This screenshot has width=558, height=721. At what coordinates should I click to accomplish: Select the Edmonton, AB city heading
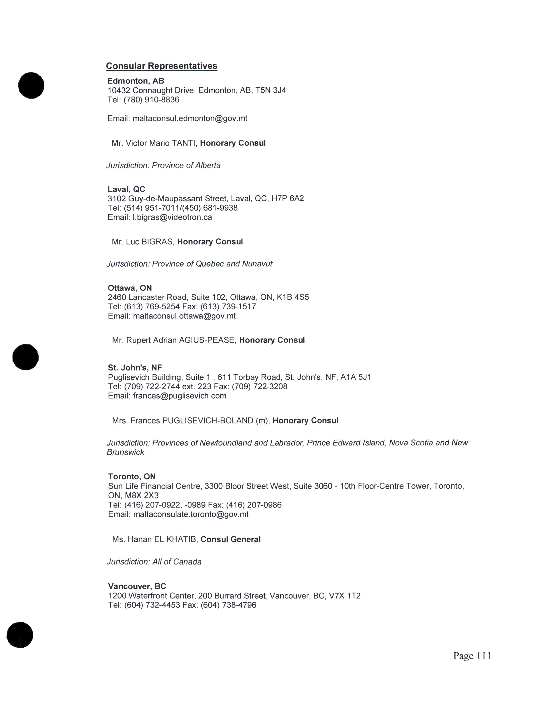(135, 81)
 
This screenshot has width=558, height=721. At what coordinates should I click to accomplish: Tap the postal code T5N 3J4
(270, 90)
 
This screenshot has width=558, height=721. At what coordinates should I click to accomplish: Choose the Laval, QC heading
(126, 189)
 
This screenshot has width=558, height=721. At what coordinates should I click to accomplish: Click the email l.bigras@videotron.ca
(172, 217)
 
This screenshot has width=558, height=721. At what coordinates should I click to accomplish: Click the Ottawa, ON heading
(130, 288)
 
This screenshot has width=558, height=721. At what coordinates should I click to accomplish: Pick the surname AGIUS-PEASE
(207, 340)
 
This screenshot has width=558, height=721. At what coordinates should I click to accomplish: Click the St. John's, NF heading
(135, 368)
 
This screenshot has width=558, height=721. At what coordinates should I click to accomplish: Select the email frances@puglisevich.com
(179, 396)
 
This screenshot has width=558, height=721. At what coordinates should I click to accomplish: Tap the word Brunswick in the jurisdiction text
(125, 452)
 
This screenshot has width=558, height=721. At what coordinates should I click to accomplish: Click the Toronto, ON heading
(132, 476)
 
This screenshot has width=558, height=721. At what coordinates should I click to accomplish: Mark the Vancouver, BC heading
(137, 586)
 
